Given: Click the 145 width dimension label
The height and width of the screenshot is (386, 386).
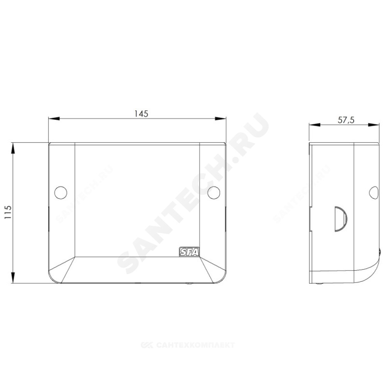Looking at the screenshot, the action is pos(141,113).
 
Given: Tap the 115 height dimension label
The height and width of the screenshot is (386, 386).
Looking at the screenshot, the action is pos(8,212).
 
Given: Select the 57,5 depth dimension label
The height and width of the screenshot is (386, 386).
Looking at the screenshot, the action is pos(346,120).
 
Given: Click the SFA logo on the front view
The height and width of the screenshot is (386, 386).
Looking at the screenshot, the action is pos(189,252).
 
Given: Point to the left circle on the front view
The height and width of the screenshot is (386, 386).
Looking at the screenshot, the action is pos(61,193).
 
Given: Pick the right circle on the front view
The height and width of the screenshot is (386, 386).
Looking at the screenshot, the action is pos(214,193).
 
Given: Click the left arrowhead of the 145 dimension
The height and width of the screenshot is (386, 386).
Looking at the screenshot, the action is pos(54,119).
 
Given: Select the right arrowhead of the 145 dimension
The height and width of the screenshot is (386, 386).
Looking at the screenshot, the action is pos(220,119).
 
